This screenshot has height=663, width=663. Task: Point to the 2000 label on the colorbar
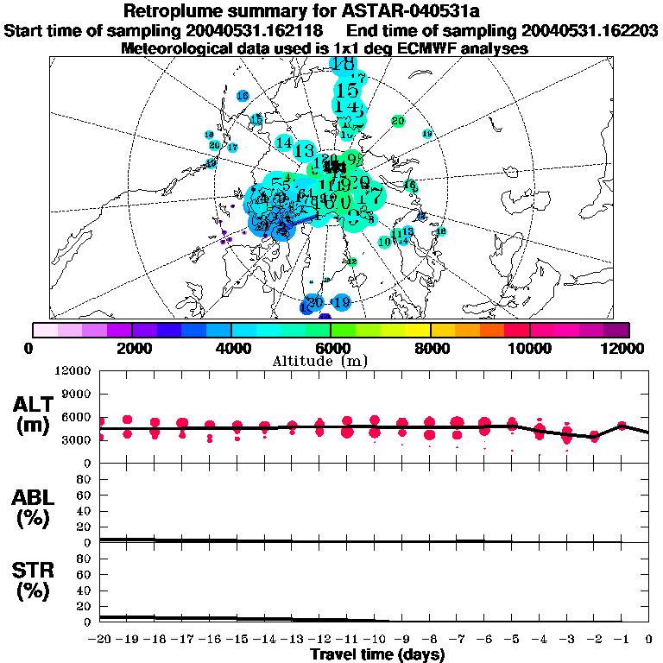point(132,348)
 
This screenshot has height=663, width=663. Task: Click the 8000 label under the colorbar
point(430,348)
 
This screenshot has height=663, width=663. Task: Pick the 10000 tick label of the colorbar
point(529,348)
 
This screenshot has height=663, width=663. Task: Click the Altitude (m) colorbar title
point(331,360)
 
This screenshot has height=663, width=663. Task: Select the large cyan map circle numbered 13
point(304,151)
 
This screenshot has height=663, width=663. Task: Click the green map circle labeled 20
point(398,121)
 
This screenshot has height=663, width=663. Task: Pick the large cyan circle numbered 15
point(347,91)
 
